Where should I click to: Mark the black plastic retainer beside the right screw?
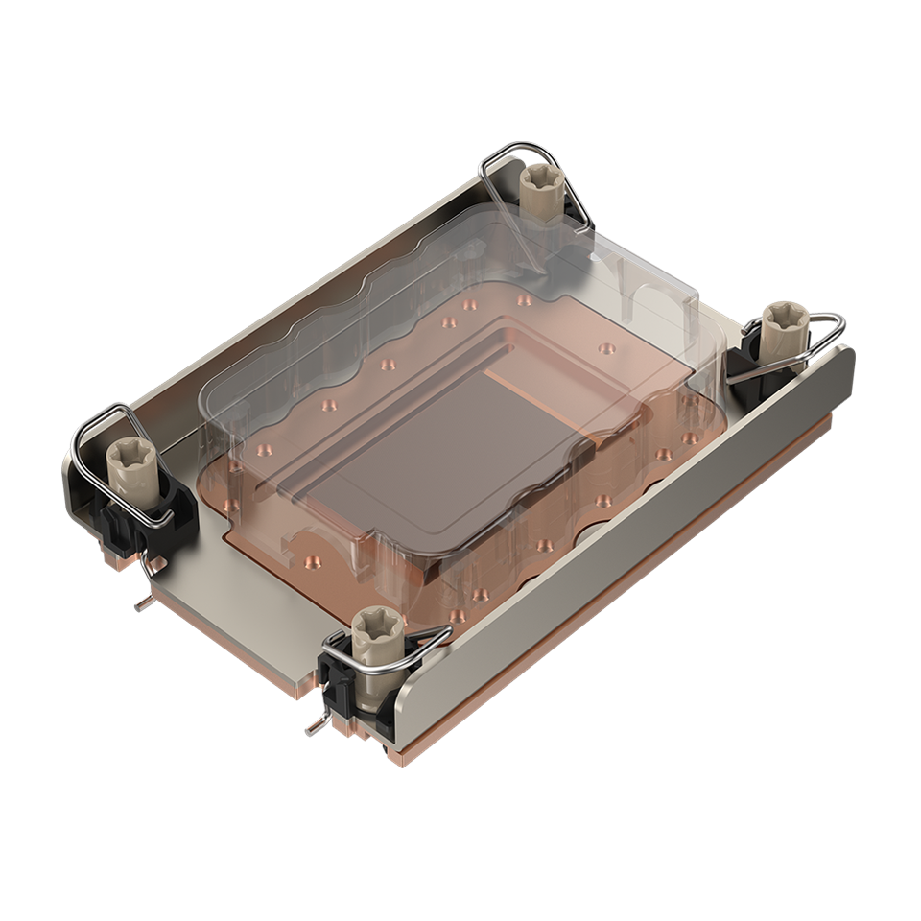(x=744, y=361)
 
